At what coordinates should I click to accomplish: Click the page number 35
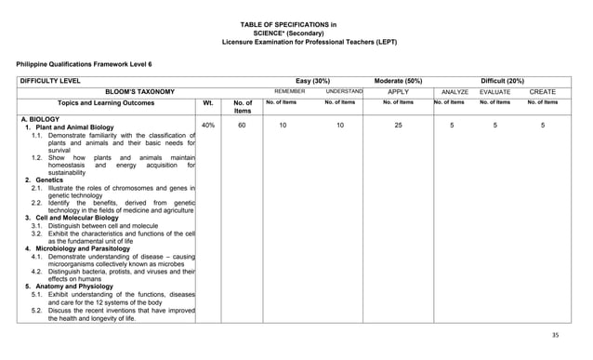coord(557,334)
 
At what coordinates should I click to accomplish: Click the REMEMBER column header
coord(290,92)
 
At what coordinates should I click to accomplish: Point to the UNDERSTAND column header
coord(343,92)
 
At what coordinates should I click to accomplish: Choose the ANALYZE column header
coord(455,92)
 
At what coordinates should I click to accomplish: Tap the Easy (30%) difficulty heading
coord(311,81)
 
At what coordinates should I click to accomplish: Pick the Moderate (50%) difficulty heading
coord(399,81)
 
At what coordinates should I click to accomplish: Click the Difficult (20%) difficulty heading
coord(502,81)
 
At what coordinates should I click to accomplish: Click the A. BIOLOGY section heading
coord(41,119)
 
